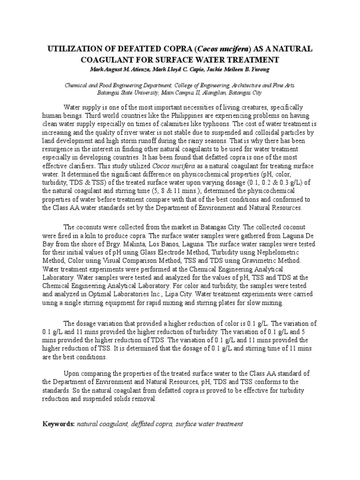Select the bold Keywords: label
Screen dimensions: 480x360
pos(58,424)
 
